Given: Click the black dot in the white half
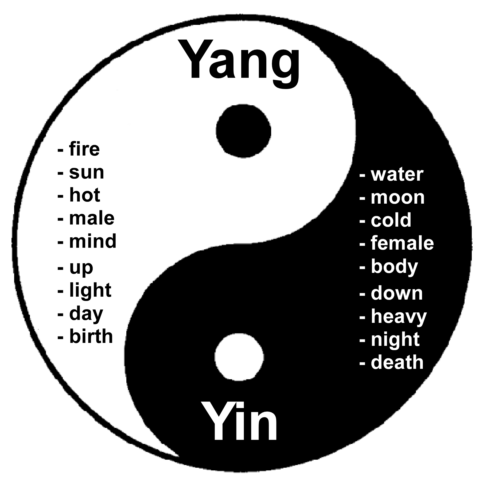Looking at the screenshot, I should click(x=243, y=131).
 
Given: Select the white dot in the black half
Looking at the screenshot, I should click(x=239, y=357).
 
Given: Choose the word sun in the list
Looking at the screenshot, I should click(x=86, y=173).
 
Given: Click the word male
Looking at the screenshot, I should click(x=92, y=218).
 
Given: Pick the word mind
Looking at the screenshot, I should click(x=93, y=241).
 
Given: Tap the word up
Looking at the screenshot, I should click(x=81, y=267).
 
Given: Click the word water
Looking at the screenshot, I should click(x=397, y=175).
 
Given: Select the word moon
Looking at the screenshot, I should click(x=398, y=198).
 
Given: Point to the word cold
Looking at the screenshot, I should click(x=391, y=220).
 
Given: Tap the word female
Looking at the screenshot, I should click(x=402, y=243).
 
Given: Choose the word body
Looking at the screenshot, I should click(x=394, y=267).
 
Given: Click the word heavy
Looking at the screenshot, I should click(x=399, y=317).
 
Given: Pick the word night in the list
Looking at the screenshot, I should click(x=395, y=340).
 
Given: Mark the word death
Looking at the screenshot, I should click(x=397, y=362).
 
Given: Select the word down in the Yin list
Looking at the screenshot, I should click(x=397, y=293).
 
